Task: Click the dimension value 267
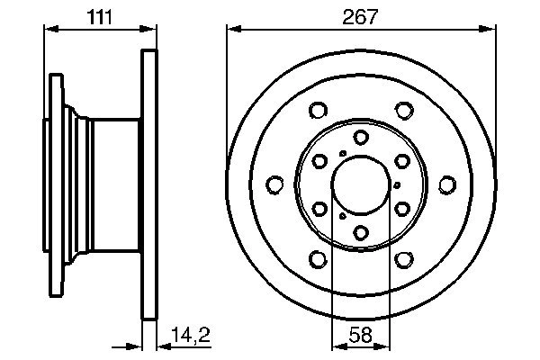[x=360, y=15]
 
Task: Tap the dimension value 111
[x=100, y=15]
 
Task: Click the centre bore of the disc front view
[x=360, y=185]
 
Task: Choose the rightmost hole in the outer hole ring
[x=446, y=185]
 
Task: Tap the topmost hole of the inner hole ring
[x=360, y=137]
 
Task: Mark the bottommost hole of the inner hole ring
[x=360, y=234]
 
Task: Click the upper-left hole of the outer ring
[x=317, y=112]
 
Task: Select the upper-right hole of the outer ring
[x=403, y=112]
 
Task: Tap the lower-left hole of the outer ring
[x=317, y=259]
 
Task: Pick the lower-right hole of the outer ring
[x=403, y=259]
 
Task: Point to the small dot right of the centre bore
[x=397, y=185]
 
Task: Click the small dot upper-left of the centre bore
[x=341, y=154]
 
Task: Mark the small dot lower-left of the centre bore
[x=342, y=217]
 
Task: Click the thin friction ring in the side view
[x=149, y=185]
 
